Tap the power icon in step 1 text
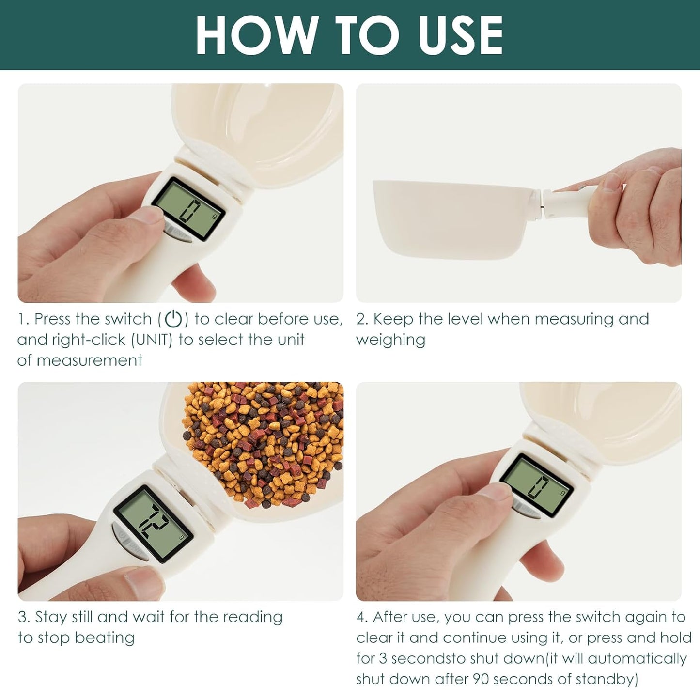[x=173, y=319]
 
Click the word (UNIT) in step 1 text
[x=152, y=340]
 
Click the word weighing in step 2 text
[x=390, y=340]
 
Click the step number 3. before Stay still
[x=24, y=617]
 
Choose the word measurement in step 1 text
[x=89, y=360]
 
